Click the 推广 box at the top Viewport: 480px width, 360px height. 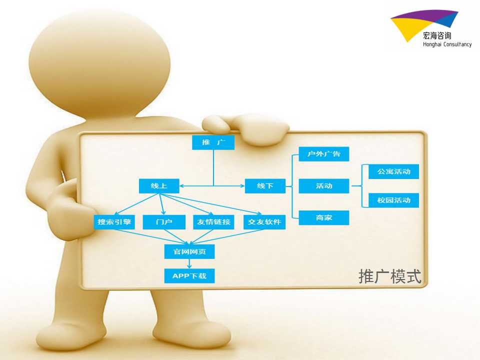pos(213,142)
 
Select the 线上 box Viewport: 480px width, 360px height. pos(159,186)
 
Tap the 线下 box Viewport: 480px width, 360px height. pos(265,186)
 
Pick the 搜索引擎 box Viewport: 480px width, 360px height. pos(114,222)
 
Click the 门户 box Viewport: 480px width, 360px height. pos(164,222)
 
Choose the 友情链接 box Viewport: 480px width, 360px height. pos(213,222)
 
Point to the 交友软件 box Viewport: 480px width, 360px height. pos(264,222)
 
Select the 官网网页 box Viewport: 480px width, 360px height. pos(189,251)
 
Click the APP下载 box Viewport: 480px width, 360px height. pos(189,276)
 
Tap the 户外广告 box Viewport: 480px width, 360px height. pos(324,154)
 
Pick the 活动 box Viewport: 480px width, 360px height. pos(324,186)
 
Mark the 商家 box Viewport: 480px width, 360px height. pos(324,217)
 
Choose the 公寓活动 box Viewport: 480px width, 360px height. pos(393,171)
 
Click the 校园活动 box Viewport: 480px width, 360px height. pos(393,200)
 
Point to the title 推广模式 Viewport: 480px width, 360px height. pos(390,276)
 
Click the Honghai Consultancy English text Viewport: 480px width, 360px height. pos(447,44)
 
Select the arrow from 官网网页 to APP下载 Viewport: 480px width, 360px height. pos(189,264)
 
